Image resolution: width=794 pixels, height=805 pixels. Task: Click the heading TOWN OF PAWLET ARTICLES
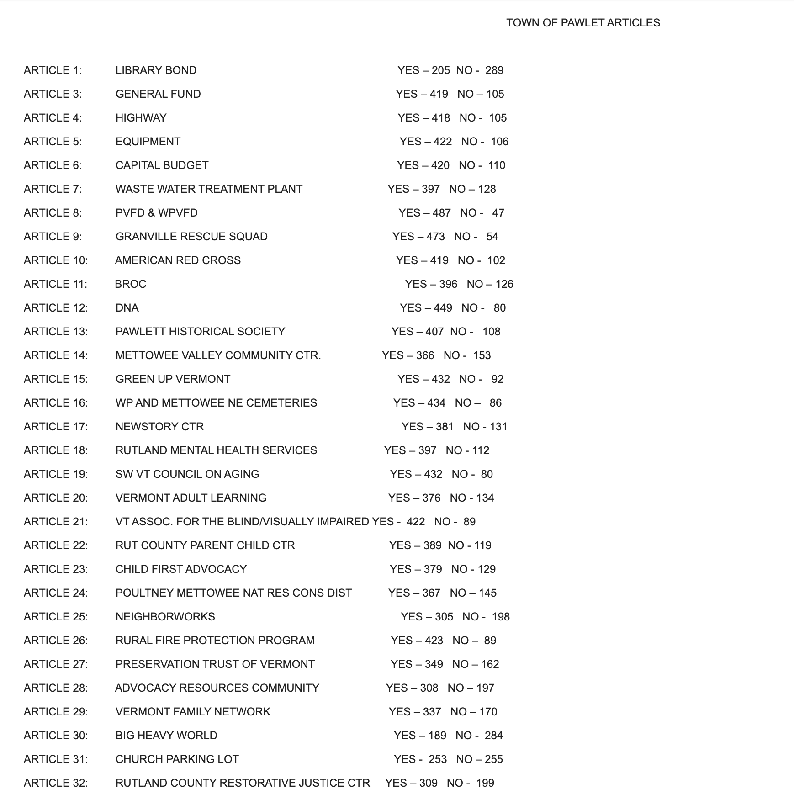(x=583, y=23)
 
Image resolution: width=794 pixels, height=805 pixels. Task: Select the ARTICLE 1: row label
(x=53, y=70)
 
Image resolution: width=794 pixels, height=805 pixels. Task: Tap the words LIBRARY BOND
(x=156, y=70)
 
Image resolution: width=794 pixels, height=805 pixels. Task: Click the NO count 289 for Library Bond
(x=494, y=70)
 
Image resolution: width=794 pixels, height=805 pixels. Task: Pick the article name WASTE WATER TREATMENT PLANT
(x=209, y=189)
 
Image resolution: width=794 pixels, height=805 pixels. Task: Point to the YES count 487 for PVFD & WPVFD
(x=441, y=213)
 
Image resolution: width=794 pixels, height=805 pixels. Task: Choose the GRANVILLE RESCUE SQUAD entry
(x=191, y=237)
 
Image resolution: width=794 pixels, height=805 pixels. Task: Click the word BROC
(x=131, y=284)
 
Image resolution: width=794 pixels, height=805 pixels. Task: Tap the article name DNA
(x=127, y=308)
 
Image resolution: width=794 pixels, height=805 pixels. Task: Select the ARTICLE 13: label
(x=56, y=332)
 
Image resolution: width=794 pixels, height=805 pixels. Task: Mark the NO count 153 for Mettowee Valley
(x=482, y=355)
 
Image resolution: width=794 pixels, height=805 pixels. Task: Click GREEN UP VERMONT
(x=173, y=379)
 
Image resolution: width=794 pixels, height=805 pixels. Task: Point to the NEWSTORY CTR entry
(x=159, y=427)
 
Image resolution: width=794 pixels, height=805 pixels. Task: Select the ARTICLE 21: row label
(x=56, y=522)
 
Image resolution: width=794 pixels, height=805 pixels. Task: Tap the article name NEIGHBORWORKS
(x=165, y=617)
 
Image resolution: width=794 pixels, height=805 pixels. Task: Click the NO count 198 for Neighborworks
(x=501, y=617)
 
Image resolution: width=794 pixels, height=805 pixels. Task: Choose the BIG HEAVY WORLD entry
(x=166, y=736)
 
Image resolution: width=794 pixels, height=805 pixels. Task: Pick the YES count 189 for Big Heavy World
(x=437, y=736)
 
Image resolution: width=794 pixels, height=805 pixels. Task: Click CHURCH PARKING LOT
(x=177, y=759)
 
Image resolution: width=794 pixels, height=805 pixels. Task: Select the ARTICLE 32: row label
(x=56, y=783)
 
